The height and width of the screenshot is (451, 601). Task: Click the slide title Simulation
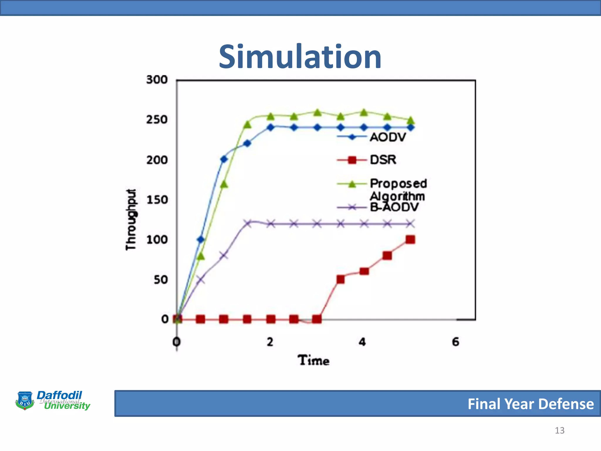(x=300, y=56)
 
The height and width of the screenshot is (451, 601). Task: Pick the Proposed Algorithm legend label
(x=398, y=190)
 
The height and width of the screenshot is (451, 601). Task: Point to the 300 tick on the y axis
(x=157, y=80)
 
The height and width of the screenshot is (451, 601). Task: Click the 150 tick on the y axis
(x=157, y=200)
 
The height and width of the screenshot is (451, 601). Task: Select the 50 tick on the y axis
(x=161, y=280)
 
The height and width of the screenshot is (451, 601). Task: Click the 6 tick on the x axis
(x=455, y=342)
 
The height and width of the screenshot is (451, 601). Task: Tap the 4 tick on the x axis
(x=362, y=342)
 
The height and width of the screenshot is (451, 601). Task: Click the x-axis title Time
(x=313, y=360)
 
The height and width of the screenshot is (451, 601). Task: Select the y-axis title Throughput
(x=131, y=220)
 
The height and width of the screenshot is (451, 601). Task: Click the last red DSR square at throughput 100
(x=410, y=240)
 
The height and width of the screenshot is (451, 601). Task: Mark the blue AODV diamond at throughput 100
(x=200, y=240)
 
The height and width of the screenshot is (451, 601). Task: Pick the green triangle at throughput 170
(x=224, y=184)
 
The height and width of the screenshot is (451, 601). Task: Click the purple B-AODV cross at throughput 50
(x=200, y=280)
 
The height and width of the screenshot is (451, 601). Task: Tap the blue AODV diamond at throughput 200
(x=224, y=159)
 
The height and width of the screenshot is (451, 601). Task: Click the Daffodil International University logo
(x=53, y=400)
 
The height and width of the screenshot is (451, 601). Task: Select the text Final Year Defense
(x=531, y=404)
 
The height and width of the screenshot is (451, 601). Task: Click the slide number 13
(x=559, y=430)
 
